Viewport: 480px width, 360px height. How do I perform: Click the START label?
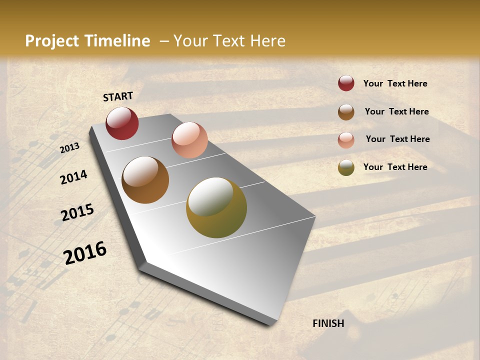click(118, 96)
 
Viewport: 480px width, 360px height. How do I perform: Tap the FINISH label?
click(328, 323)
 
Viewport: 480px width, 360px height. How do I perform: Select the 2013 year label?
click(70, 147)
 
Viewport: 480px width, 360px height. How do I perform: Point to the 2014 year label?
click(73, 177)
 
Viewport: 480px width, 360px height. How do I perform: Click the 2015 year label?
click(77, 212)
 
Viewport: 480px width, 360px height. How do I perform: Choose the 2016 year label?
click(85, 252)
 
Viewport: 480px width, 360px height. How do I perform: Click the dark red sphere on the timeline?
click(122, 123)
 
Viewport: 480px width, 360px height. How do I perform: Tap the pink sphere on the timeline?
click(189, 140)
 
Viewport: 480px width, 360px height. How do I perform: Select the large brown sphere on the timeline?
click(145, 180)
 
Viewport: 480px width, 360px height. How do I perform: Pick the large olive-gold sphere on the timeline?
click(216, 207)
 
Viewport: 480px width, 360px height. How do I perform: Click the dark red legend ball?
click(346, 83)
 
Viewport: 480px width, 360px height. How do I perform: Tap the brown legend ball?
click(346, 112)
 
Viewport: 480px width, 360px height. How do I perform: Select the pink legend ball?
click(346, 140)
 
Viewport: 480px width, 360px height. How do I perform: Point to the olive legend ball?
click(346, 167)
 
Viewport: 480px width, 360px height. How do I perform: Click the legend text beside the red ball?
click(395, 83)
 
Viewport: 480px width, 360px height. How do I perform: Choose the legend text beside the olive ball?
click(395, 167)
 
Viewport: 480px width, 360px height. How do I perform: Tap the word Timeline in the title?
click(117, 41)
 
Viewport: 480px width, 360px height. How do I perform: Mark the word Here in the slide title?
click(267, 41)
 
